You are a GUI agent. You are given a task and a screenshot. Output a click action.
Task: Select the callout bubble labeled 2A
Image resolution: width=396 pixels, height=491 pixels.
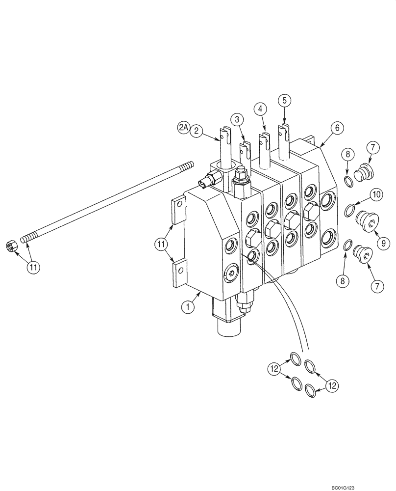183,129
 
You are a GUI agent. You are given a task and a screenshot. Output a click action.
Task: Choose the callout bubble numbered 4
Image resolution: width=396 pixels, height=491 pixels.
261,108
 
